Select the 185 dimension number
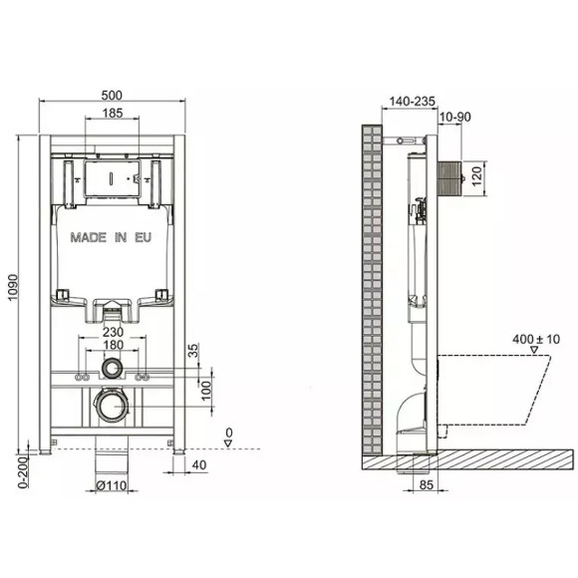pos(113,115)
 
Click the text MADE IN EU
pos(112,238)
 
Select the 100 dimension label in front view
pos(205,386)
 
